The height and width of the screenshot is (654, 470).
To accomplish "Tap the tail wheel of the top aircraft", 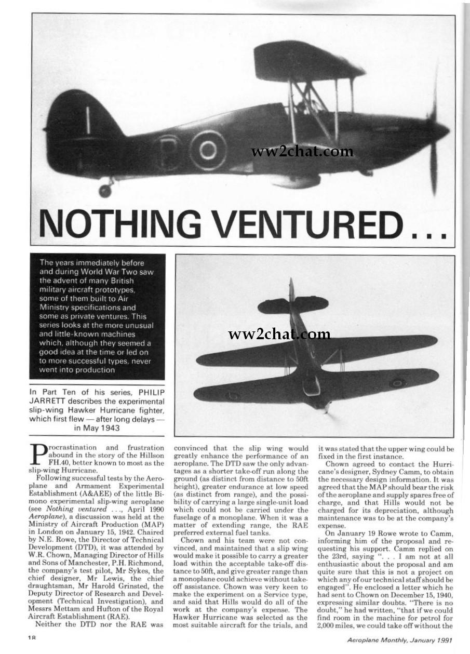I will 105,190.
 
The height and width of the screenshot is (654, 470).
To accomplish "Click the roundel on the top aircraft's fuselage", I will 208,150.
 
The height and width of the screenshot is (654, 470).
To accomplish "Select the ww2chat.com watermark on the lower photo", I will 279,335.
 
